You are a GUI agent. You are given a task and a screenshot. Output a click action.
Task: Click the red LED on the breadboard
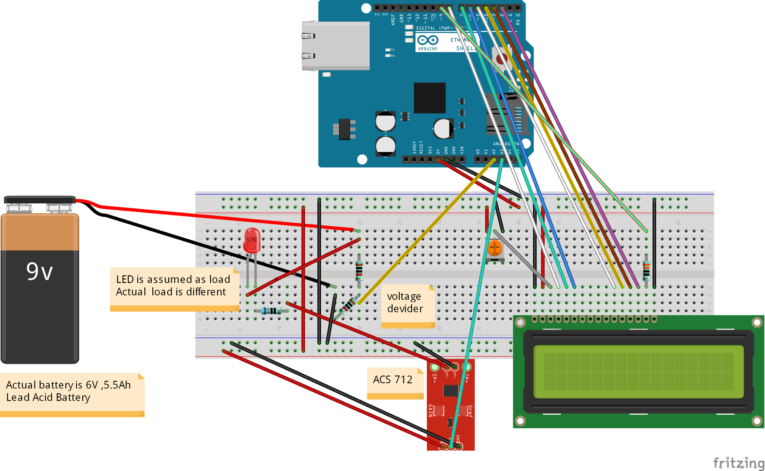pos(252,241)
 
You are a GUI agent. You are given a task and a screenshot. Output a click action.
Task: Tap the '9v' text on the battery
pos(40,272)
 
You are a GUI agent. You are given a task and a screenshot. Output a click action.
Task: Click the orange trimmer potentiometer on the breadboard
pos(495,248)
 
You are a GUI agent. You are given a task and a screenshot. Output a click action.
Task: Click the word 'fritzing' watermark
pos(738,463)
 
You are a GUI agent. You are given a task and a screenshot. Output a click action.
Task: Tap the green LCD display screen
pos(638,372)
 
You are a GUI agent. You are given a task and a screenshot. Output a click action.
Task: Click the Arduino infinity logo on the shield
pos(428,40)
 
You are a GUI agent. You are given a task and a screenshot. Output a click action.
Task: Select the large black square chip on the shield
pos(429,98)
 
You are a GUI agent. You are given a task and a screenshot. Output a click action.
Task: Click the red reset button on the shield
pos(502,59)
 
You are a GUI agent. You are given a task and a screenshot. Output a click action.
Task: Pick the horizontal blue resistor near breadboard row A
pos(271,311)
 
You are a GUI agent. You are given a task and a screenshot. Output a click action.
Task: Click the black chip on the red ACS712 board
pos(451,390)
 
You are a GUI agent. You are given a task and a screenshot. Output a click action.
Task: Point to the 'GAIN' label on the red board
pos(431,410)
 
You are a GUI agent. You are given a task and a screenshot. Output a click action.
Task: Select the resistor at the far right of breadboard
pos(646,271)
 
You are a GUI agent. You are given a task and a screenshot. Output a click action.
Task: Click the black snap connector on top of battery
pos(40,200)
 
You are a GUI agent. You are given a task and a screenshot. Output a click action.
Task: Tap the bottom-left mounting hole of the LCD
pos(520,421)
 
